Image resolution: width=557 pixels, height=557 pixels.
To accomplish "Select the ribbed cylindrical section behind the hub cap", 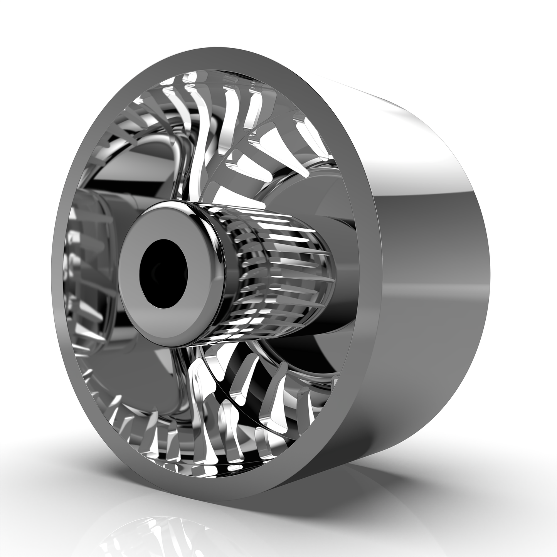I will tap(281, 270).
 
